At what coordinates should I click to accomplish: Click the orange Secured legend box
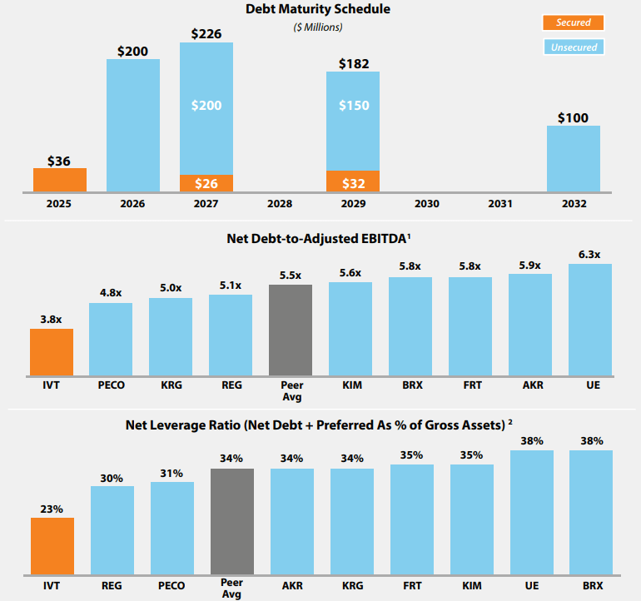coord(574,23)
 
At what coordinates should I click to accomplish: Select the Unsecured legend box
coord(574,47)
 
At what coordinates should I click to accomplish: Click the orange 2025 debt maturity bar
coord(60,180)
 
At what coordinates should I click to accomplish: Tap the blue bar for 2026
coord(133,125)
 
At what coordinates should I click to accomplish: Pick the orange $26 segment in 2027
coord(206,183)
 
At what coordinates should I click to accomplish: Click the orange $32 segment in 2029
coord(353,181)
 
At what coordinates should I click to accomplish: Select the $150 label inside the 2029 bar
coord(353,106)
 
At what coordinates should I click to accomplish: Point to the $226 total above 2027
coord(206,34)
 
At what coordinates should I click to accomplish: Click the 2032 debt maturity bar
coord(574,158)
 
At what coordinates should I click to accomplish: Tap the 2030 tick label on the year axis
coord(426,204)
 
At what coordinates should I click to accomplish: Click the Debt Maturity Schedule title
coord(318,9)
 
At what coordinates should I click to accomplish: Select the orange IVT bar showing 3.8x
coord(52,351)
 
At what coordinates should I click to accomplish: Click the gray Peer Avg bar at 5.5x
coord(291,330)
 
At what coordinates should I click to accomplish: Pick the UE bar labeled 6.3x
coord(590,319)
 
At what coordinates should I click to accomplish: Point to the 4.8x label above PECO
coord(111,292)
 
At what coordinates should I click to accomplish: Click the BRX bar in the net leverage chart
coord(590,511)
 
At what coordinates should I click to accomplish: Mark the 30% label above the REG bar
coord(112,478)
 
